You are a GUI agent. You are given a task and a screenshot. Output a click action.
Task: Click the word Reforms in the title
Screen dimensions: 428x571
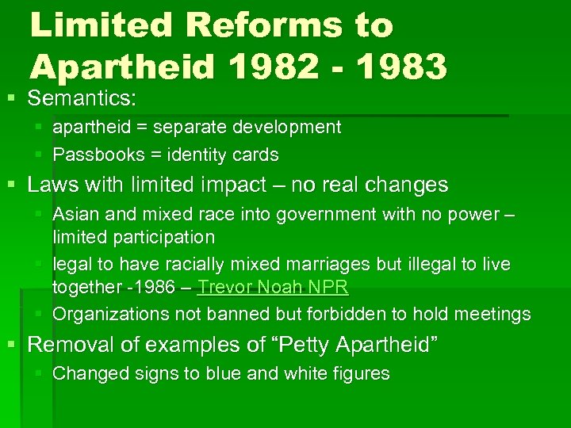click(x=258, y=25)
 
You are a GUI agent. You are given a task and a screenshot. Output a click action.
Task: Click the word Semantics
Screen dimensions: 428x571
click(x=82, y=99)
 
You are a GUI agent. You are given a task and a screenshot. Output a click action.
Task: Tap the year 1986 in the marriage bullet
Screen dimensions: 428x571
click(x=155, y=287)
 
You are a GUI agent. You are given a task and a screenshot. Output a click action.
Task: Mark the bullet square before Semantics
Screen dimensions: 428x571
click(x=10, y=100)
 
